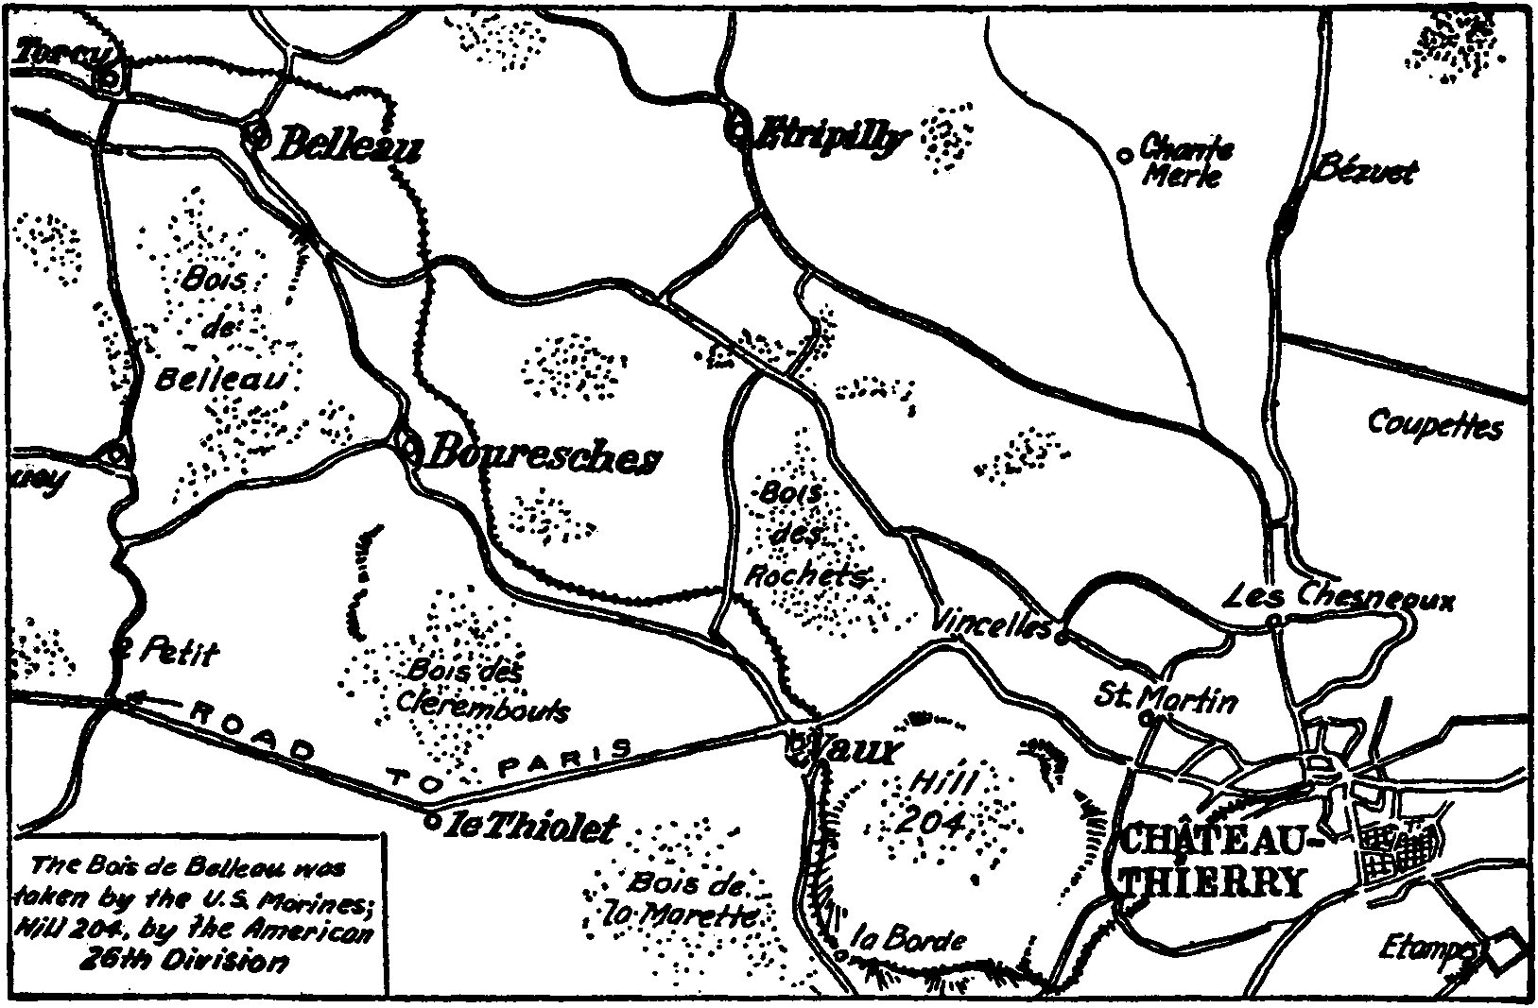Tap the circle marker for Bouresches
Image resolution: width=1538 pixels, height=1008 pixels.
coord(408,447)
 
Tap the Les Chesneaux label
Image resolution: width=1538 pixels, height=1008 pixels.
coord(1339,597)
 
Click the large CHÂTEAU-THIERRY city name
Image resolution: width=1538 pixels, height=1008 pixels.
coord(1210,861)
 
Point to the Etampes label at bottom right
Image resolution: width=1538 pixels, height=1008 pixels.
coord(1427,945)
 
